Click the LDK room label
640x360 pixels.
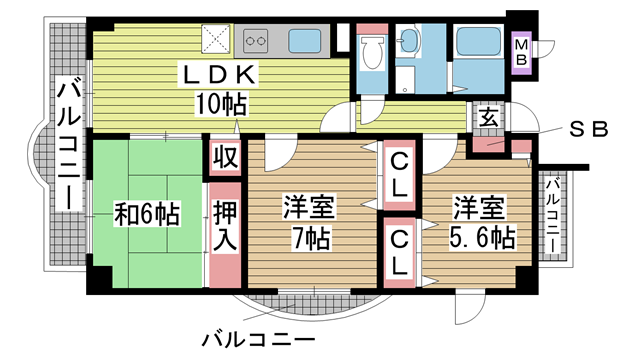coord(220,75)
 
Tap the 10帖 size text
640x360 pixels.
coord(221,104)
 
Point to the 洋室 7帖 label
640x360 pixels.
coord(310,223)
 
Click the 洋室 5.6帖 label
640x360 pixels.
coord(481,223)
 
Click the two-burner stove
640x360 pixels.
coord(255,41)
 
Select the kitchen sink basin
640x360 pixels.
coord(304,41)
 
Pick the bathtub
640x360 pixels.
coord(478,41)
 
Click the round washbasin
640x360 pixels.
coord(408,41)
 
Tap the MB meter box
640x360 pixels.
coord(521,53)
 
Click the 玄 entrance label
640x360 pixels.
coord(488,118)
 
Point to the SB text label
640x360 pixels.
coord(588,129)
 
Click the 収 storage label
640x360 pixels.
coord(225,158)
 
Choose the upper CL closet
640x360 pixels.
coord(399,176)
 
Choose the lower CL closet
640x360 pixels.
coord(399,253)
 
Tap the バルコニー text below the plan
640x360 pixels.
coord(259,340)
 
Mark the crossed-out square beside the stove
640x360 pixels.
coord(216,39)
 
